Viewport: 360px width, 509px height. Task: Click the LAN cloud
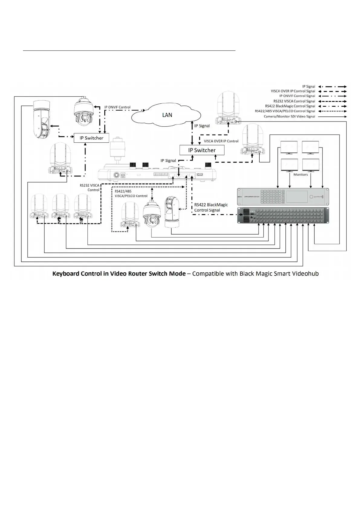(x=167, y=115)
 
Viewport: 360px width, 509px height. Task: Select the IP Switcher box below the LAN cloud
(x=202, y=150)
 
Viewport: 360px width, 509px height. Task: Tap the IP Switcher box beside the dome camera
(x=91, y=138)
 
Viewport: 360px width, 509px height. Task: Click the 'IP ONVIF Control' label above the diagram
(x=117, y=107)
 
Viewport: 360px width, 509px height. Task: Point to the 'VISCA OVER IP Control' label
(x=221, y=141)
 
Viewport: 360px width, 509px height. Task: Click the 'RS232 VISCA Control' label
(x=90, y=188)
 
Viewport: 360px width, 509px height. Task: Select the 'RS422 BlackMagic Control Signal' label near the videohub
(x=211, y=207)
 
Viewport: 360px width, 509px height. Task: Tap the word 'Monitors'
(x=300, y=174)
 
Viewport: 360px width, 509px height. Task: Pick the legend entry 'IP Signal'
(x=309, y=86)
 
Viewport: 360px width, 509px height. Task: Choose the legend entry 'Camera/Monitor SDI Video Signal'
(x=289, y=116)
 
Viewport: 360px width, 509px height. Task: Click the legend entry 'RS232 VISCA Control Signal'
(x=294, y=101)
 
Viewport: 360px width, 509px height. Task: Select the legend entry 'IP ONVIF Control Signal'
(x=297, y=96)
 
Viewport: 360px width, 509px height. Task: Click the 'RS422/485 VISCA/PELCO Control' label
(x=131, y=193)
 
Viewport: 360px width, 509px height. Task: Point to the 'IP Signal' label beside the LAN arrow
(x=202, y=126)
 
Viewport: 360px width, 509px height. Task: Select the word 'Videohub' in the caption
(x=306, y=274)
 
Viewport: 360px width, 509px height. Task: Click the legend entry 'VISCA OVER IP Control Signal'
(x=293, y=91)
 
